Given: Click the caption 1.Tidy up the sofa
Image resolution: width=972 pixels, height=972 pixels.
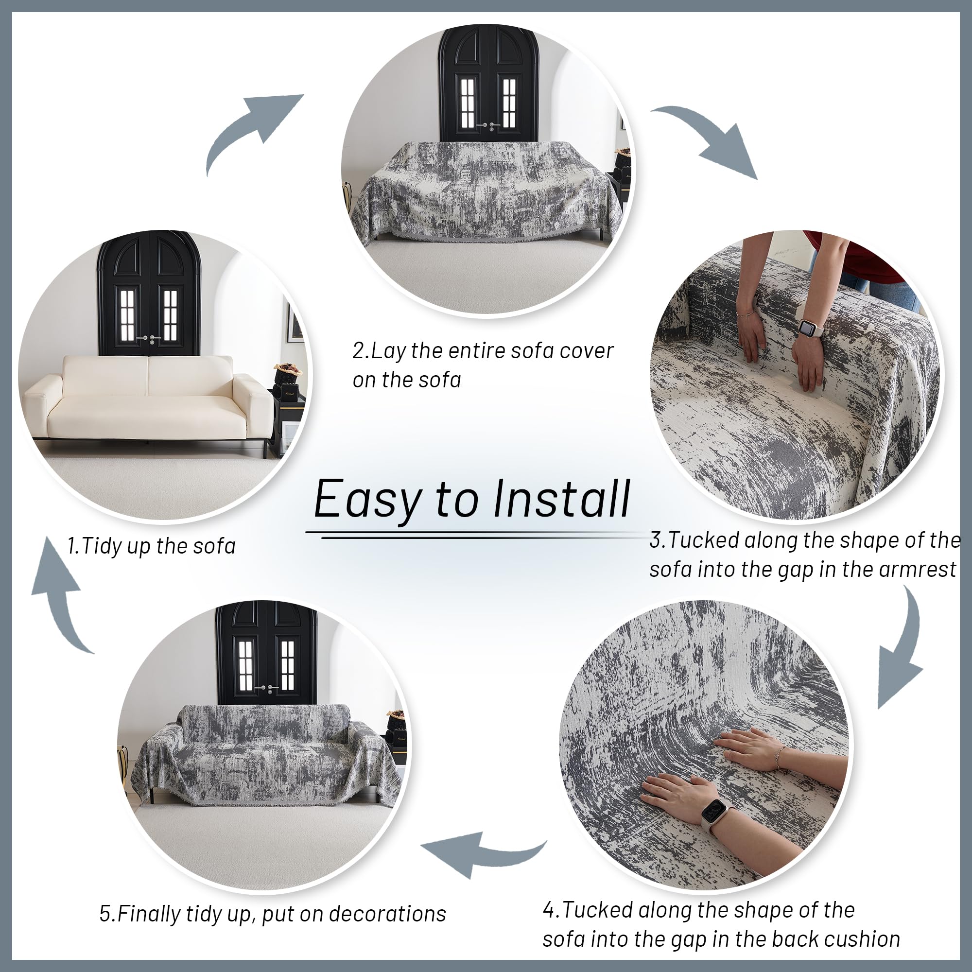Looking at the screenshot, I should (x=152, y=546).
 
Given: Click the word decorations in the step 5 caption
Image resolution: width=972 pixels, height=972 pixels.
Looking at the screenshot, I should (x=387, y=914).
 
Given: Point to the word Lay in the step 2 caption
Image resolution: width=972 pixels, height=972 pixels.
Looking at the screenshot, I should (x=388, y=351).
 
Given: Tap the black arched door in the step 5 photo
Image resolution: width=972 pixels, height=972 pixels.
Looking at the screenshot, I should (x=267, y=654).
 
